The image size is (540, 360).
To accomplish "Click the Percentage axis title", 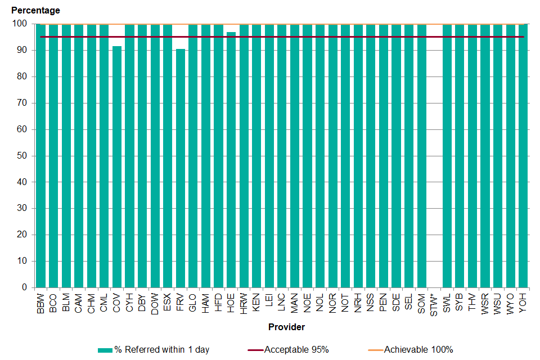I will pyautogui.click(x=35, y=10).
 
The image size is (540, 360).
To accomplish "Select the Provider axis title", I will pyautogui.click(x=287, y=327).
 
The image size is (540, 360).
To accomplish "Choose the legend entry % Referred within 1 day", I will pyautogui.click(x=161, y=350).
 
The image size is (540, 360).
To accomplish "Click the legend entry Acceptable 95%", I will pyautogui.click(x=296, y=350).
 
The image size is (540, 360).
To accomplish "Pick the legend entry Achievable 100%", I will pyautogui.click(x=418, y=350).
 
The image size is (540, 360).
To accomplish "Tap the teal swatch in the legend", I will pyautogui.click(x=105, y=350).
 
